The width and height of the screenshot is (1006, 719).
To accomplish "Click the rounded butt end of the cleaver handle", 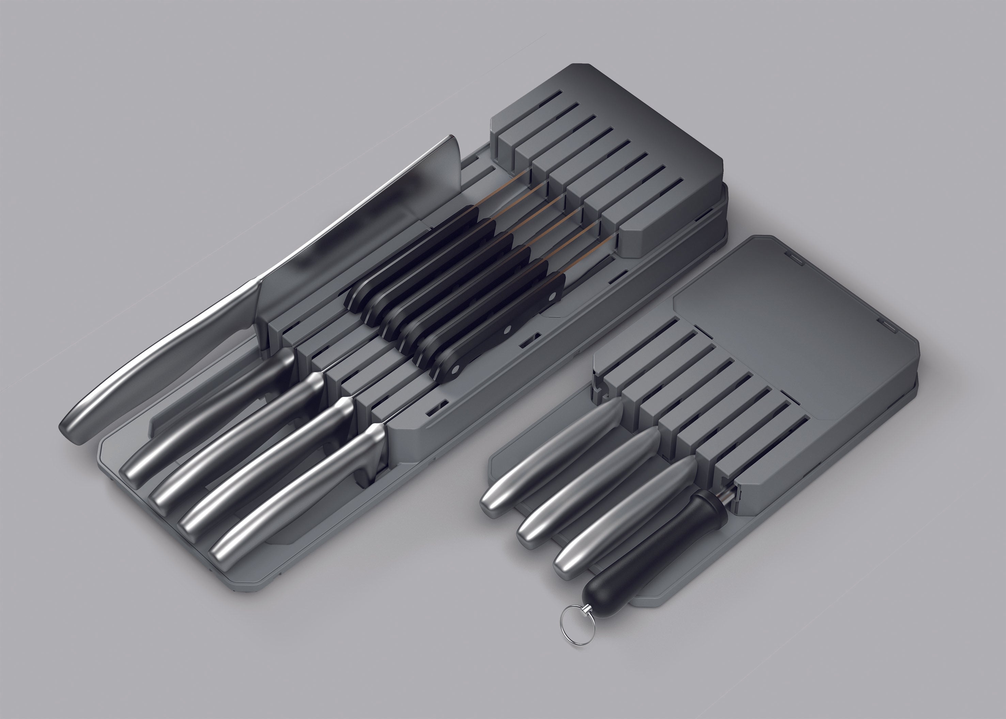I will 73,425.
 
